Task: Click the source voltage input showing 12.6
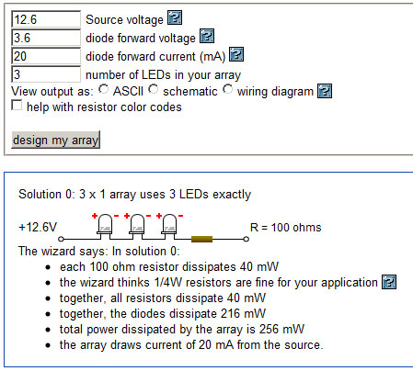point(46,19)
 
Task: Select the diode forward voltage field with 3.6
point(46,38)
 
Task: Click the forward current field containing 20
point(46,56)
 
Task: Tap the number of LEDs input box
point(46,74)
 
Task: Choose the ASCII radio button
point(104,89)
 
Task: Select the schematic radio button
point(154,89)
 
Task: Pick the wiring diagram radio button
point(228,89)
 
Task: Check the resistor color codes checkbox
point(17,105)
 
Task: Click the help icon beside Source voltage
point(175,17)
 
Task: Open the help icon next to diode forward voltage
point(207,36)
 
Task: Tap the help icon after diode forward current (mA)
point(236,54)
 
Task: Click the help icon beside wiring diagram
point(325,91)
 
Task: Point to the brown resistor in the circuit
point(201,239)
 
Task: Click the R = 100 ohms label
point(286,228)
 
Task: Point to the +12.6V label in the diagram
point(38,228)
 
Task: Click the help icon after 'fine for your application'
point(389,282)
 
